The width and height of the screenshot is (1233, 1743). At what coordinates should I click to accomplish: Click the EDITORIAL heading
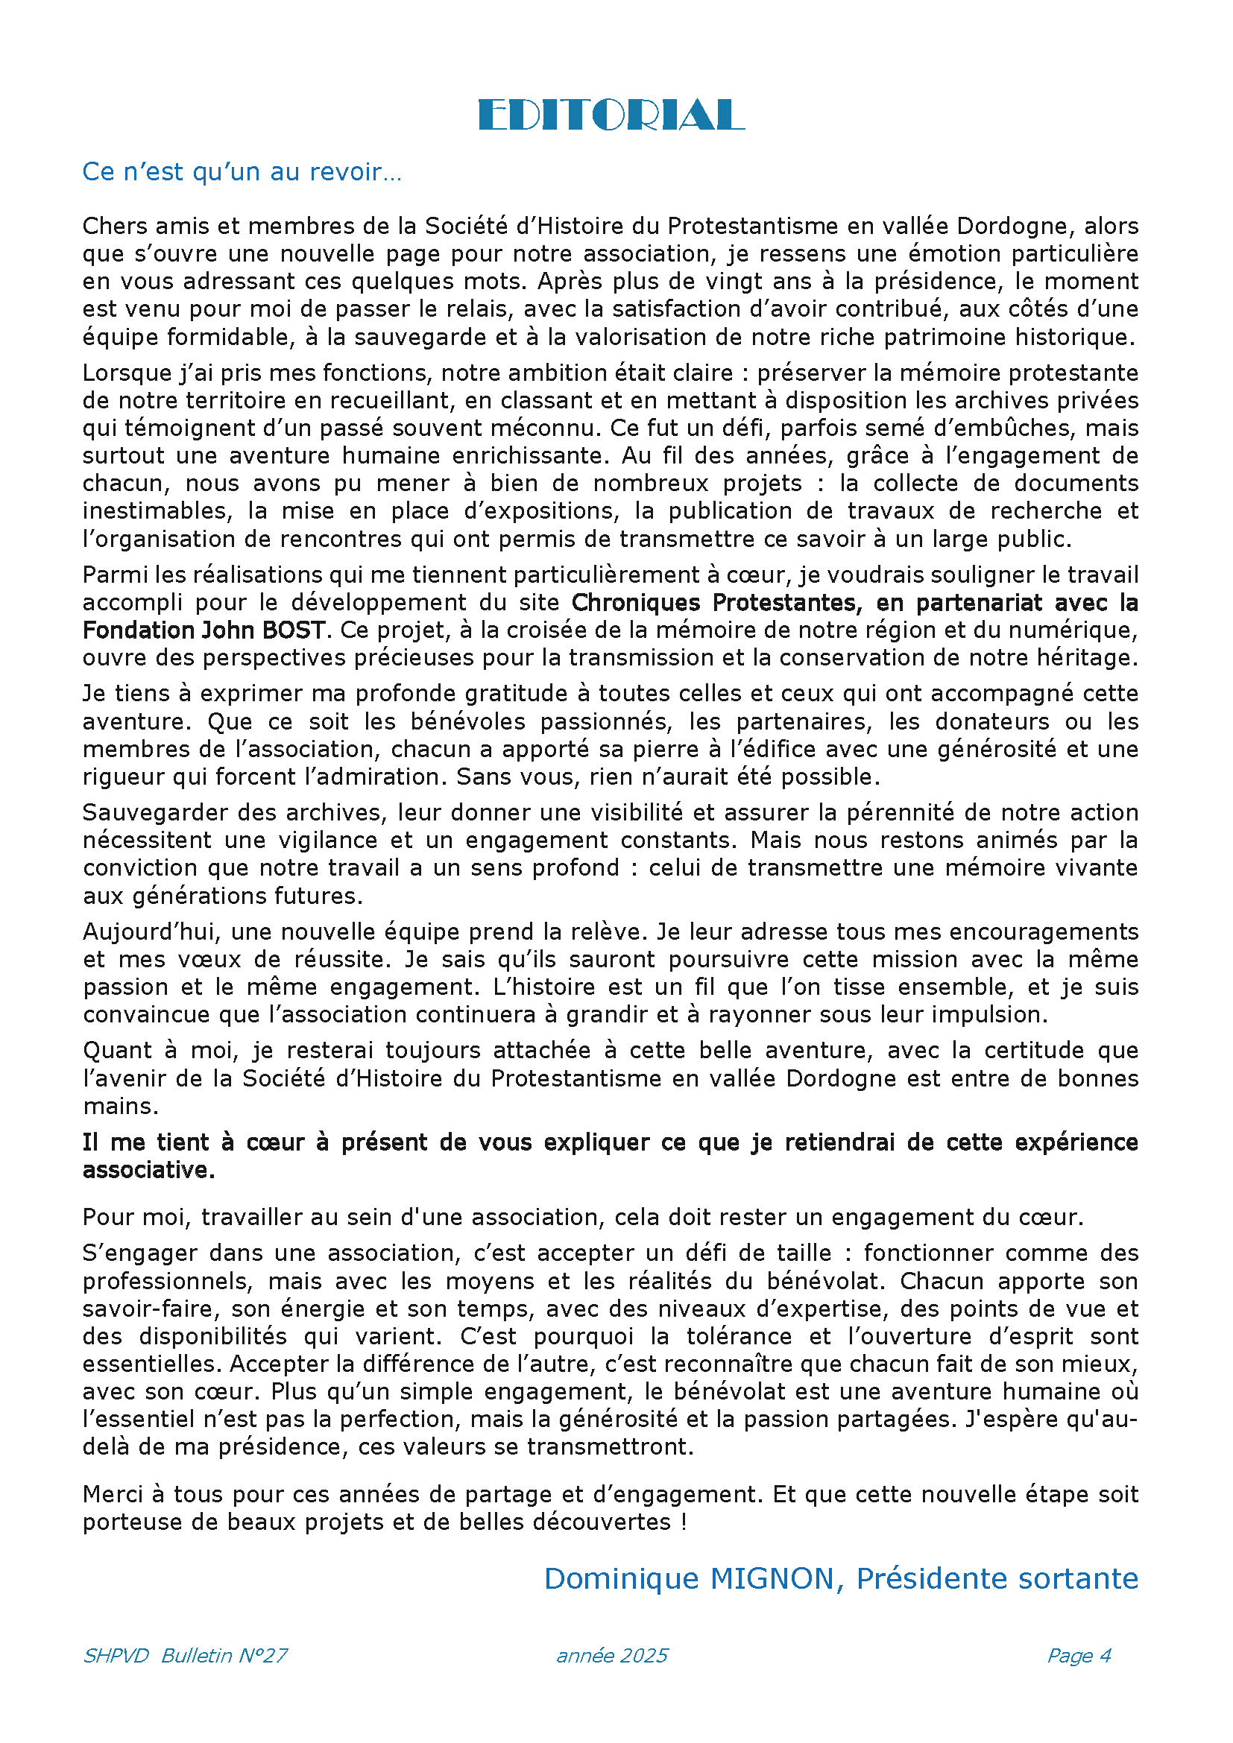[x=611, y=116]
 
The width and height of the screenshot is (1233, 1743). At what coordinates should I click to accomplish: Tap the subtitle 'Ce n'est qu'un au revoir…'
[x=242, y=172]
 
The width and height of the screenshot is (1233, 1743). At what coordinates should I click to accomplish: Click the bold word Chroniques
[x=637, y=603]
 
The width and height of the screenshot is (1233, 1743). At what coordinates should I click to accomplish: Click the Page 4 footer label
[x=1079, y=1655]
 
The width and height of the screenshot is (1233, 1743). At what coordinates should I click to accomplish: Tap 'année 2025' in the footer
[x=612, y=1655]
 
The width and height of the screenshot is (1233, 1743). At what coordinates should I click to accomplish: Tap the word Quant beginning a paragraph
[x=115, y=1051]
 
